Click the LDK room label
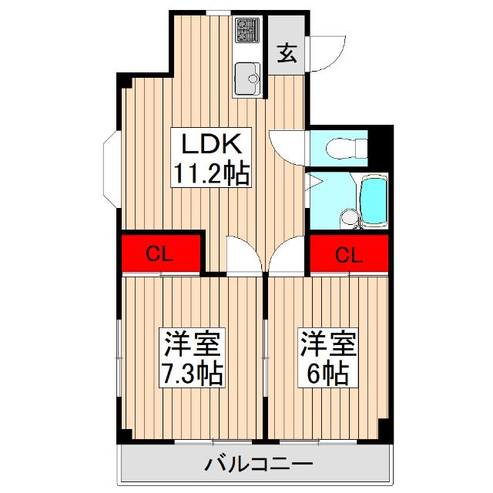click(212, 144)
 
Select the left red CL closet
click(161, 253)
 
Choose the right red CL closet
click(349, 253)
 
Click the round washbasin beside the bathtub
click(350, 218)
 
